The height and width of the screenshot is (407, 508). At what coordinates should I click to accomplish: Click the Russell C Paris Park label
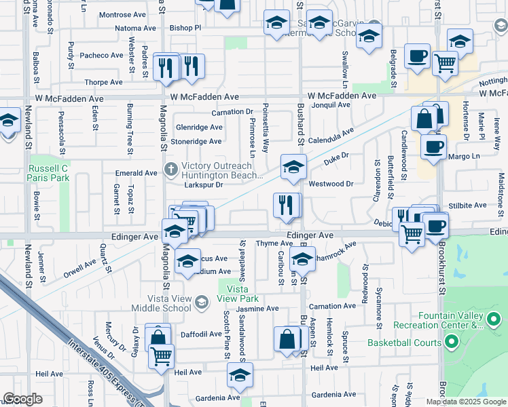[48, 172]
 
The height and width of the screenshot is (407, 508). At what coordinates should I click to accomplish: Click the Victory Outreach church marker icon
[170, 168]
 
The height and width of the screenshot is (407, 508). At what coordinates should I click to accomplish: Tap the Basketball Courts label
[405, 343]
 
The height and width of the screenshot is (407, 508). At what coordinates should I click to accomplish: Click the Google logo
[22, 399]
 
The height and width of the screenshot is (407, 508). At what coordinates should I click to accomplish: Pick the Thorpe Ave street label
[103, 82]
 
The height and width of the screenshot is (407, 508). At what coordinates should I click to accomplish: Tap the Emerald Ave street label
[137, 173]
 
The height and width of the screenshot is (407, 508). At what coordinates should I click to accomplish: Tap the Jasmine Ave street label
[257, 308]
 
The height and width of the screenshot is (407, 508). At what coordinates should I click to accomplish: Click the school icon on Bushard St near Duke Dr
[293, 166]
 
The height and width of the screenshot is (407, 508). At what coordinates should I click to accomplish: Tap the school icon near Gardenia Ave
[239, 374]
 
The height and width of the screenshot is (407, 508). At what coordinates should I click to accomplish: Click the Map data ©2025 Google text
[466, 402]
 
